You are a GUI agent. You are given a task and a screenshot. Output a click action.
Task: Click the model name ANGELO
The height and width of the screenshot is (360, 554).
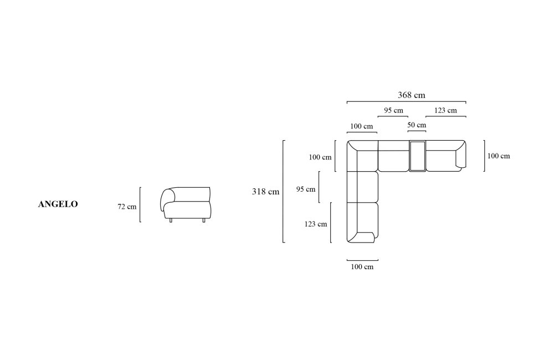point(58,204)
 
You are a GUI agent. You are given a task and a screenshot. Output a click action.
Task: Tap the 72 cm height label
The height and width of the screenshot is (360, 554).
point(127,207)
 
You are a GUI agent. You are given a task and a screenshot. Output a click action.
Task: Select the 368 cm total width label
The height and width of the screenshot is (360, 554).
point(412,95)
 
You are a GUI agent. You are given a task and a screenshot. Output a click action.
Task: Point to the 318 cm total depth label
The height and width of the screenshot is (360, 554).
point(265,192)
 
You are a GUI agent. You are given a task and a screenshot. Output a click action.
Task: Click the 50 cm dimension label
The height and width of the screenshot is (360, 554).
point(417,125)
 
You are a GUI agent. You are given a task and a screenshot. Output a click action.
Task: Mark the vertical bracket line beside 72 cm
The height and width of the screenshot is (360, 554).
point(140,204)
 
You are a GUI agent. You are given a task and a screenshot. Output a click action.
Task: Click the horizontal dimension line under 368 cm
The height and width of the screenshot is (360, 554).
point(406,102)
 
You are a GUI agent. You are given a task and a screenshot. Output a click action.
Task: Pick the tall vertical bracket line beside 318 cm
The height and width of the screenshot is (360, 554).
point(283,192)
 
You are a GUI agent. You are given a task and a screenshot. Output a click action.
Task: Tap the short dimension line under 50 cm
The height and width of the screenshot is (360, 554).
point(417,131)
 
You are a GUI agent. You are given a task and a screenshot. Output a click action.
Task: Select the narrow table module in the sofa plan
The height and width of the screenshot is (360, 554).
point(418,156)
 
